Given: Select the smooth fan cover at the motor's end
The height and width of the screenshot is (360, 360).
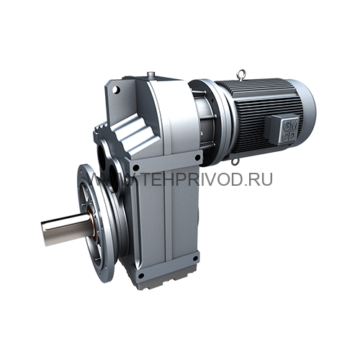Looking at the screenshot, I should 302,108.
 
